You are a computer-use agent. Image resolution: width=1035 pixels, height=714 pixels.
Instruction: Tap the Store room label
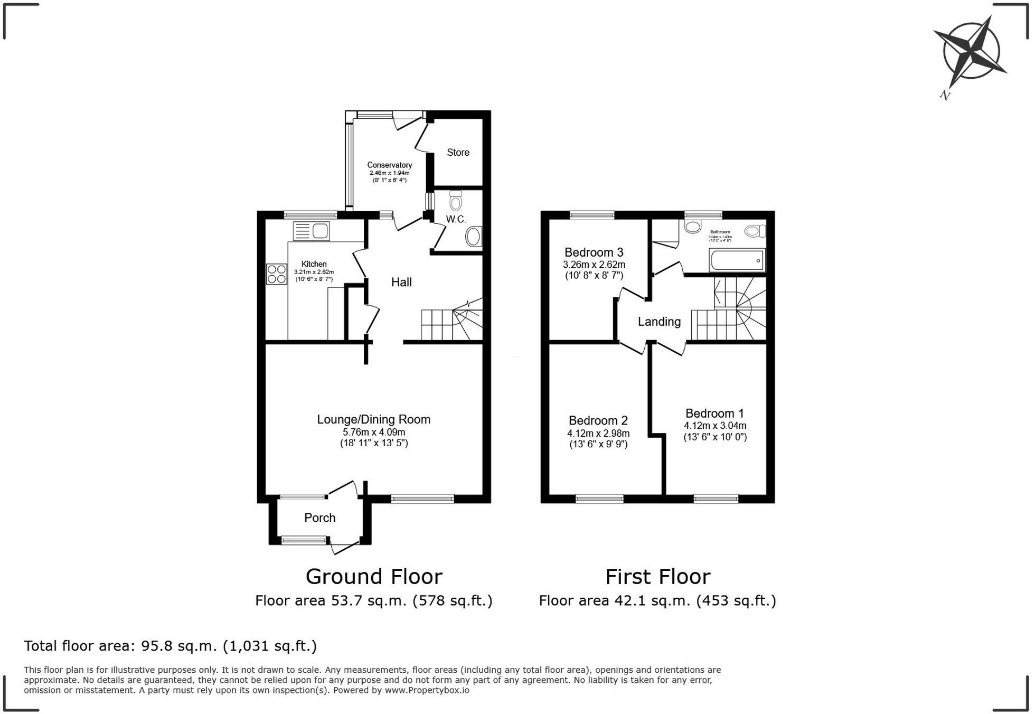[458, 153]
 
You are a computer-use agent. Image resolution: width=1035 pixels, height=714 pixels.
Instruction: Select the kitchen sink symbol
[312, 231]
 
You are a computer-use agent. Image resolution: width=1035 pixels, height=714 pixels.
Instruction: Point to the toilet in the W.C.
[456, 201]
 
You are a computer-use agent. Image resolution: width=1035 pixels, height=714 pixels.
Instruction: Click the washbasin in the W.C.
[474, 237]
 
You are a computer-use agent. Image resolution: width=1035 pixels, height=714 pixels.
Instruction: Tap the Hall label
[401, 283]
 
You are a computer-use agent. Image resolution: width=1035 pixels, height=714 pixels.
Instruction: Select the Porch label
[319, 518]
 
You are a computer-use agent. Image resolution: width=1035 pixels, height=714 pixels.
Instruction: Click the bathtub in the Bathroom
[737, 260]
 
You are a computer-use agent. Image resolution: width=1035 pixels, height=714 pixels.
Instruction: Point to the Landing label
[659, 322]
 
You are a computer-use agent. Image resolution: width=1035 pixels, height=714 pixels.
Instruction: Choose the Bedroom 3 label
[594, 252]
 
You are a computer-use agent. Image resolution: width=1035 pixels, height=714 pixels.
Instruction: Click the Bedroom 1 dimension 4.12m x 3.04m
[715, 426]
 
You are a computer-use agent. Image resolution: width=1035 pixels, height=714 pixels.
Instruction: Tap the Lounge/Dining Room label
[373, 420]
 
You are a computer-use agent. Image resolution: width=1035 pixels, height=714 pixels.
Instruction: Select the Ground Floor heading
[374, 577]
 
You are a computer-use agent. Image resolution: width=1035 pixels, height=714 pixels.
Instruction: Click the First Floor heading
[657, 577]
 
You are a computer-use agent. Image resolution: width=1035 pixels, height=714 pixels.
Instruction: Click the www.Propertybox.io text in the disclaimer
[427, 690]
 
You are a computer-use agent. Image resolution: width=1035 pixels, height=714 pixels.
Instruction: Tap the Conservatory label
[389, 165]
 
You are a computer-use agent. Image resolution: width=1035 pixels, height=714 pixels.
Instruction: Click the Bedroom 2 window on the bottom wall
[599, 498]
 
